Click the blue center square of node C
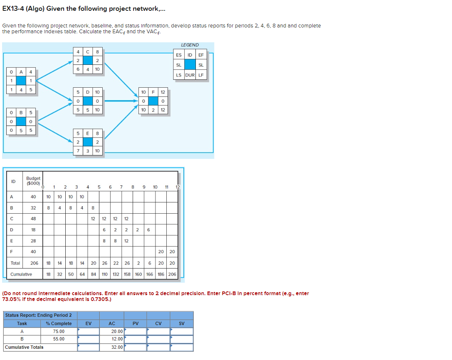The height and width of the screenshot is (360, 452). (x=87, y=60)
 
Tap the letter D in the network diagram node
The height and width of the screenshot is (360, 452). (x=87, y=91)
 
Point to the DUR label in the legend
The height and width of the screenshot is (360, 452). (x=190, y=75)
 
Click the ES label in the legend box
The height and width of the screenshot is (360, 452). (x=179, y=55)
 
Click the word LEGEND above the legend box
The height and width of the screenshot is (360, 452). (x=190, y=45)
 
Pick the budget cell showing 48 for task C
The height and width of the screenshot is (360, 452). (x=33, y=218)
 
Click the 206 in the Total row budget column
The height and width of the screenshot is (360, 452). (x=34, y=263)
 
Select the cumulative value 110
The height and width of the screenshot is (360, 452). (x=104, y=274)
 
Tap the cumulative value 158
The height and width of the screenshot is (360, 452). (x=127, y=274)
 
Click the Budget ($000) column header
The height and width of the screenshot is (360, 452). (x=33, y=181)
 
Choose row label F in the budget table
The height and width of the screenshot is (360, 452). (x=12, y=252)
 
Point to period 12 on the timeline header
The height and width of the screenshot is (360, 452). (x=178, y=187)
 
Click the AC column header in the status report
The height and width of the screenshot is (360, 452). (x=112, y=323)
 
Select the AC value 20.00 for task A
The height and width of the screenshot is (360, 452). (x=117, y=331)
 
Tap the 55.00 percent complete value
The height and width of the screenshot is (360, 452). (x=59, y=339)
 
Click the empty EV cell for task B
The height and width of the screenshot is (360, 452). (x=89, y=339)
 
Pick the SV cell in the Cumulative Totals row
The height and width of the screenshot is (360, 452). (x=182, y=347)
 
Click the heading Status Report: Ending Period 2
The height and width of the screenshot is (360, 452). (x=38, y=315)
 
